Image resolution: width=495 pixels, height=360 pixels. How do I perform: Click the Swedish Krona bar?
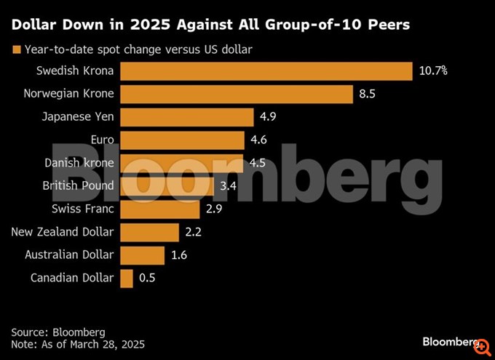click(x=266, y=71)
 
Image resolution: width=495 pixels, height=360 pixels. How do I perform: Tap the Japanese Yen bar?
click(x=186, y=116)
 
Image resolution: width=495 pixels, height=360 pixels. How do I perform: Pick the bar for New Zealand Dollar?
click(x=149, y=232)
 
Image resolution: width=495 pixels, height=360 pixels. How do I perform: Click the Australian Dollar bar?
click(x=142, y=255)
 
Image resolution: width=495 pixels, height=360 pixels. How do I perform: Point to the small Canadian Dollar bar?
click(x=127, y=278)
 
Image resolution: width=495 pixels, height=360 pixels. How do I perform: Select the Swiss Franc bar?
click(x=159, y=209)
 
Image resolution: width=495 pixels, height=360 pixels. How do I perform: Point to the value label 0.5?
click(x=148, y=278)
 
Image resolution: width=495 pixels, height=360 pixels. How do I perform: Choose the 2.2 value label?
click(x=194, y=232)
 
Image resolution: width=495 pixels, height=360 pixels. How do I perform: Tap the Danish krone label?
click(x=79, y=162)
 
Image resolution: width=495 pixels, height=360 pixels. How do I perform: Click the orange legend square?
click(x=15, y=49)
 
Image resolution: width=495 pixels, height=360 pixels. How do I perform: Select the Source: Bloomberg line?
click(x=58, y=332)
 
